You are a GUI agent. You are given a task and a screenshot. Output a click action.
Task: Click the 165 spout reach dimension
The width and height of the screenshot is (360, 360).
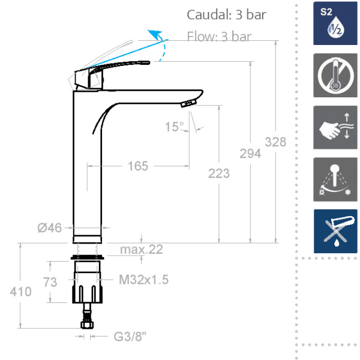(x=138, y=166)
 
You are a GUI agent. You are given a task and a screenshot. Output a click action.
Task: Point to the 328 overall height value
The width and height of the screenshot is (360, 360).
(x=276, y=142)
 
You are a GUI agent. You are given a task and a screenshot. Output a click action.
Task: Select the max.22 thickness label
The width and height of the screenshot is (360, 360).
(x=141, y=250)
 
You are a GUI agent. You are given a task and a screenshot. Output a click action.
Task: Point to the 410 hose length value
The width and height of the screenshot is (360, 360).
(x=20, y=292)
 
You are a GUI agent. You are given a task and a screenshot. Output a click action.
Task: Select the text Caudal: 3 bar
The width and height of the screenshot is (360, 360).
(x=226, y=14)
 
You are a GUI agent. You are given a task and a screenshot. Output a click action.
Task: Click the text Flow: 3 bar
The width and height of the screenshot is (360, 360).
(x=218, y=36)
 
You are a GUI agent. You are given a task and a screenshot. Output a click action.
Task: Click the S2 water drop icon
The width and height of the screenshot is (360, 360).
(x=335, y=23)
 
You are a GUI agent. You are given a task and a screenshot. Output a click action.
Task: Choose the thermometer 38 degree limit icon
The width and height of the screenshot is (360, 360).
(x=335, y=76)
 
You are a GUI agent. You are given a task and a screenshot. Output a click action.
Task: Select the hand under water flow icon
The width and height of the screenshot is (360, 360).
(x=335, y=127)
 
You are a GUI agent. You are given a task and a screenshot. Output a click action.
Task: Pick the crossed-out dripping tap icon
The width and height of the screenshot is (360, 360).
(x=335, y=232)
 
